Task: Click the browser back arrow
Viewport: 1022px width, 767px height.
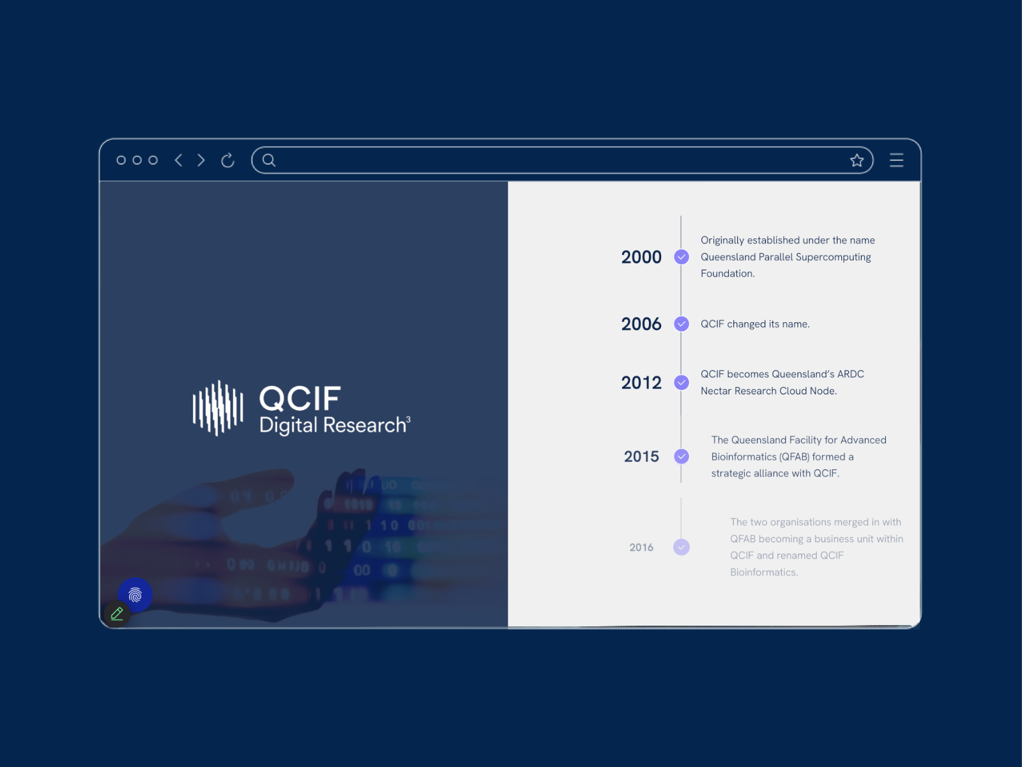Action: pos(178,160)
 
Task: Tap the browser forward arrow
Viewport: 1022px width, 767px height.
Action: pos(201,160)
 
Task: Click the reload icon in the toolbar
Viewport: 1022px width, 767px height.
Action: pos(227,160)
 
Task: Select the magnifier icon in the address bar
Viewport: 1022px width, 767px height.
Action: pos(269,160)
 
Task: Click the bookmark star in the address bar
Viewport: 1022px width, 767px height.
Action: pos(857,160)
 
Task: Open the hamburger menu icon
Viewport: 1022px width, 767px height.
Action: pos(896,160)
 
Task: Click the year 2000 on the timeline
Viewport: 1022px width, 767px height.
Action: pos(641,257)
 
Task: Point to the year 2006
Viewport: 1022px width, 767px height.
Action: pos(641,323)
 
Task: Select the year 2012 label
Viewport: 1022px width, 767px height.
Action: pos(641,383)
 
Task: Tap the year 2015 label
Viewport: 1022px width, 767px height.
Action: pos(641,456)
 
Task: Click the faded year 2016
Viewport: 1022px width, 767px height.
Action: pos(641,547)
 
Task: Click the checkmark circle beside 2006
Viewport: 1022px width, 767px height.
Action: pos(682,323)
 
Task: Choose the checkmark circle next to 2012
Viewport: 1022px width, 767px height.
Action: pos(682,383)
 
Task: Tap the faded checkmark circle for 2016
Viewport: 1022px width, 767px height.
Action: pos(681,547)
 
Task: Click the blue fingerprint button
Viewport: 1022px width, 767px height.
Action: pos(135,595)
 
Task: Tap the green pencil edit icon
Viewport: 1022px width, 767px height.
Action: pos(117,614)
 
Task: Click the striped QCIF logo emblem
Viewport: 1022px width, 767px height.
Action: pos(218,408)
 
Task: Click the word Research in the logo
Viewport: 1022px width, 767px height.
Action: pos(365,425)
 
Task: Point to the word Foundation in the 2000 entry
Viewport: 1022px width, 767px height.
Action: pos(728,274)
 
